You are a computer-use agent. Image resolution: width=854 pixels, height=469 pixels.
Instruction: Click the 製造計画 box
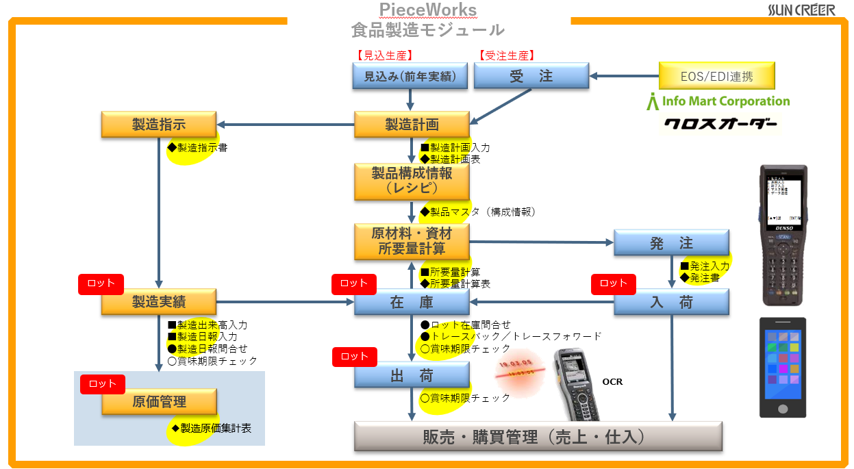click(412, 124)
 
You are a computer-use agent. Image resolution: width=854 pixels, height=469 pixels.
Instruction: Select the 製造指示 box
click(159, 124)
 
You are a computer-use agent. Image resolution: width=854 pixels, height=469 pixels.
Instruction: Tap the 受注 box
click(531, 76)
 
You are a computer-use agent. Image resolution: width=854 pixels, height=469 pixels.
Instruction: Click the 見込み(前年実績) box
click(410, 76)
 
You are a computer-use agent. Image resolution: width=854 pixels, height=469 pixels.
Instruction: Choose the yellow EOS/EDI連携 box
click(717, 76)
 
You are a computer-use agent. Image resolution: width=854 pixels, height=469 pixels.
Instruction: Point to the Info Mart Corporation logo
click(718, 101)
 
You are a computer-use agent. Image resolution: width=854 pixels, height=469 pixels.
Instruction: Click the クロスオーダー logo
click(720, 125)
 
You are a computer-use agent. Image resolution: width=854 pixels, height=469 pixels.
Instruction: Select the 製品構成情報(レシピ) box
click(412, 181)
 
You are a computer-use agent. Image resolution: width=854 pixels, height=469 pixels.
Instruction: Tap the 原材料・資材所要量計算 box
click(412, 241)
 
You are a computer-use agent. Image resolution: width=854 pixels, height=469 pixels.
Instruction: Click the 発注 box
click(671, 243)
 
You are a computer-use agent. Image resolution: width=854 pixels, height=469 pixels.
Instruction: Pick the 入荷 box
click(671, 302)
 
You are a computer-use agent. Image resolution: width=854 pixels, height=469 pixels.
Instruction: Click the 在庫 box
click(412, 302)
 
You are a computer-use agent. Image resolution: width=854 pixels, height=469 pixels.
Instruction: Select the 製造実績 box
click(159, 302)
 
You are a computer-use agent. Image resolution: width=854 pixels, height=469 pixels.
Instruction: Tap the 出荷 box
click(412, 375)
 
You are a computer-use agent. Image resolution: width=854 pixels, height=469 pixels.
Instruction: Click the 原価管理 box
click(159, 402)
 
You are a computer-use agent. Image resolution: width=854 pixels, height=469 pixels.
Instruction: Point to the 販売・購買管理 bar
click(538, 437)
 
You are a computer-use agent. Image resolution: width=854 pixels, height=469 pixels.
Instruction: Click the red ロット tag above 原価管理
click(103, 384)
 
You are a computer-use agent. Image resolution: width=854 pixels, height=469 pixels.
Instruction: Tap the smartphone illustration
click(782, 367)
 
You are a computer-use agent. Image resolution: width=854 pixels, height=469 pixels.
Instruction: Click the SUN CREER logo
click(801, 10)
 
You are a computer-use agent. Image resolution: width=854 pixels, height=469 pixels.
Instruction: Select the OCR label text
click(612, 381)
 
